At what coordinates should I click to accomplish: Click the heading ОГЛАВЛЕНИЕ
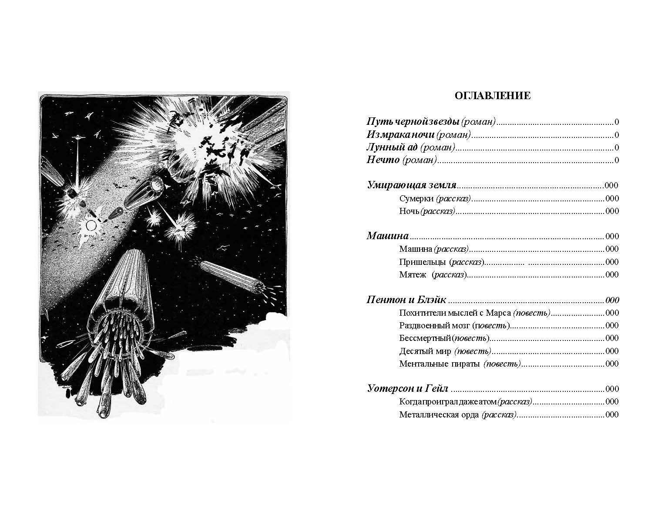[492, 96]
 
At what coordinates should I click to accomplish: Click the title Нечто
[383, 160]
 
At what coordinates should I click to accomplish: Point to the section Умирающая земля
[411, 185]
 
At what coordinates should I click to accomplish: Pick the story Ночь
[409, 211]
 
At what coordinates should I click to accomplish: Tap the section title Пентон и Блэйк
[406, 300]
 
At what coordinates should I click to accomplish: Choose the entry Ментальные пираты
[439, 364]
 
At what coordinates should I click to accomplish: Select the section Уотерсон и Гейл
[408, 389]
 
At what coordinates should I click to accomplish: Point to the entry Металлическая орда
[440, 415]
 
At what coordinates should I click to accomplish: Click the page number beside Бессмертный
[612, 338]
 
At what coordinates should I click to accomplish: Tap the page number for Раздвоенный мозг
[612, 326]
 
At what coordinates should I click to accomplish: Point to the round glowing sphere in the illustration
[91, 225]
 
